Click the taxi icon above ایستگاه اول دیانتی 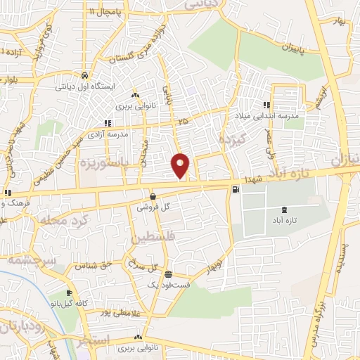[x=84, y=75]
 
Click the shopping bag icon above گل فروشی [x=153, y=196]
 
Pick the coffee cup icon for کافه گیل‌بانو [x=68, y=293]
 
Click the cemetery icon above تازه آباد [x=284, y=210]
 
